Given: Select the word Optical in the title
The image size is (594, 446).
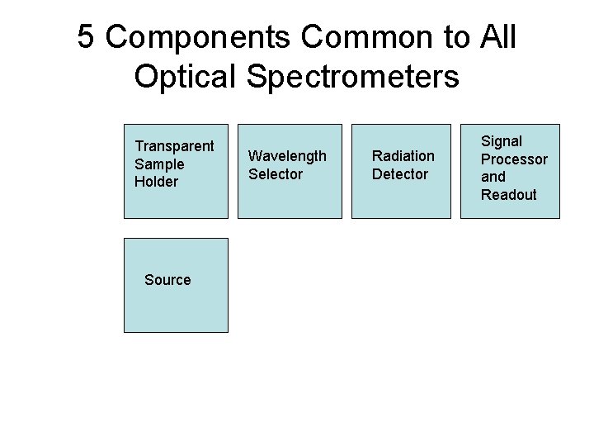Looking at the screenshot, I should (x=184, y=76).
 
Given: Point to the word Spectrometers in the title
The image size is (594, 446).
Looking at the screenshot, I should (x=351, y=76).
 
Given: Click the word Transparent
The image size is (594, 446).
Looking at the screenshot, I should (x=174, y=146).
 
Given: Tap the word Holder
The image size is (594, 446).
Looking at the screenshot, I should (x=156, y=182).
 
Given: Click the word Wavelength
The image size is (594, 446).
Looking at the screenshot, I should (x=287, y=156).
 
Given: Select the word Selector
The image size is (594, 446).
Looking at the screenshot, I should (x=276, y=174).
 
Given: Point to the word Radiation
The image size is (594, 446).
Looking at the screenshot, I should (x=403, y=156).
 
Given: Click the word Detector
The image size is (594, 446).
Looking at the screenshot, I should (x=400, y=174).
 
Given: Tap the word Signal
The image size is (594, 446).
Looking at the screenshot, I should (x=502, y=141).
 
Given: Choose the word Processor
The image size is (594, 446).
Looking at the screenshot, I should (x=514, y=159).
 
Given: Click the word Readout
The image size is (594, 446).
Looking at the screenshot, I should (x=508, y=195).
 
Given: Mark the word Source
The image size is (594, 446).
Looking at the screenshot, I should (x=167, y=280).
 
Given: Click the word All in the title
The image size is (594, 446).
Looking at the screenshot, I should (x=495, y=37).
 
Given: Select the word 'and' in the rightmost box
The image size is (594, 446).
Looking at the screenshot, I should (x=493, y=177).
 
